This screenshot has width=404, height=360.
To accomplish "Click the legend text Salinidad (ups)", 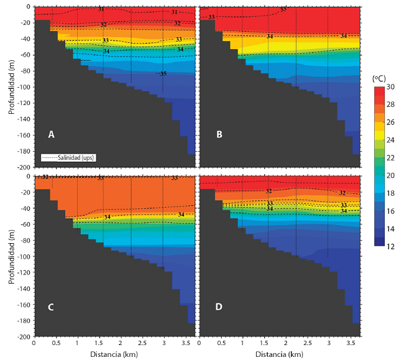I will tap(68, 158).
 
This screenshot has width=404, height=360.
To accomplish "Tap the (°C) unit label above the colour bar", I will tap(380, 79).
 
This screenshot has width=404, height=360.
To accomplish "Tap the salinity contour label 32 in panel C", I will tap(45, 177).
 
